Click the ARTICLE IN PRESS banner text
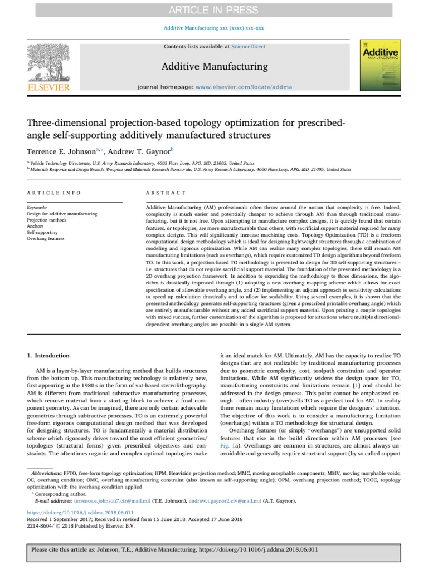coord(214,10)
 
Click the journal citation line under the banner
coord(214,27)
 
